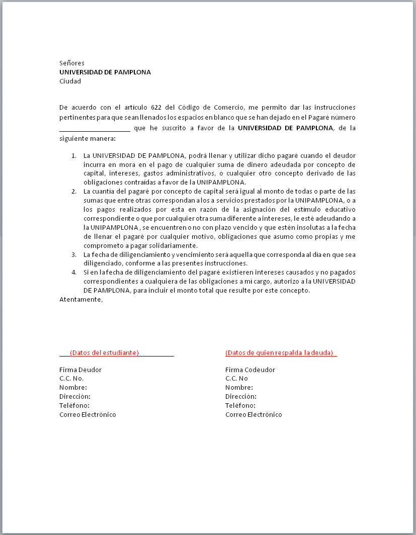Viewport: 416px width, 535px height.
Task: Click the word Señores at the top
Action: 72,63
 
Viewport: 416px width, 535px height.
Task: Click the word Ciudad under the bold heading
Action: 70,81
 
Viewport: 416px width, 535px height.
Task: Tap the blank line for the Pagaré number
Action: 95,129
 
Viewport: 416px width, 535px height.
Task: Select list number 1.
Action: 73,155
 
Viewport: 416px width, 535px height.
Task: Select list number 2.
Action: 73,191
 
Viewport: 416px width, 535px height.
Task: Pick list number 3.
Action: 73,254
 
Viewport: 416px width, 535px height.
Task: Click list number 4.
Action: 73,273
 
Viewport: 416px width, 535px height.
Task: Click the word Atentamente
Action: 81,300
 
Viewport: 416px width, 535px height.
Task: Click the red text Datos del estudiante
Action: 105,352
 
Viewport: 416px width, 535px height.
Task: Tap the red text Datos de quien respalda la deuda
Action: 280,352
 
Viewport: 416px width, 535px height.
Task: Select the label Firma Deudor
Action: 77,370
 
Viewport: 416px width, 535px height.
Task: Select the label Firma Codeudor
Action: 250,370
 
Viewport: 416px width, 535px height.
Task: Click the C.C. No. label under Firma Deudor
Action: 71,378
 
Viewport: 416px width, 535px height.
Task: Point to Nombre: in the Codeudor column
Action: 239,387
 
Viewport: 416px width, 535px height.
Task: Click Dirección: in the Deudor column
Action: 75,396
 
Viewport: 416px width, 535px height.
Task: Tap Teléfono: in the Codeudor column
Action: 240,405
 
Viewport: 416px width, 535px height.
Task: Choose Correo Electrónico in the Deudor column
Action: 88,414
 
